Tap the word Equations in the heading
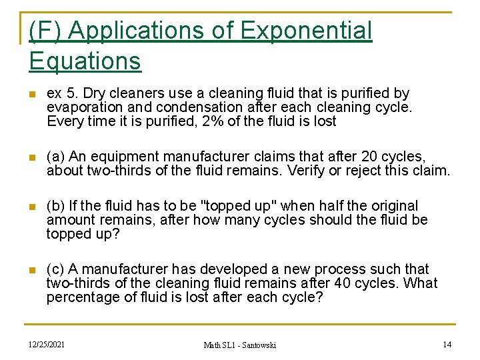[85, 61]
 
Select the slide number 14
[447, 344]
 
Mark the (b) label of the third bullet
[55, 206]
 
